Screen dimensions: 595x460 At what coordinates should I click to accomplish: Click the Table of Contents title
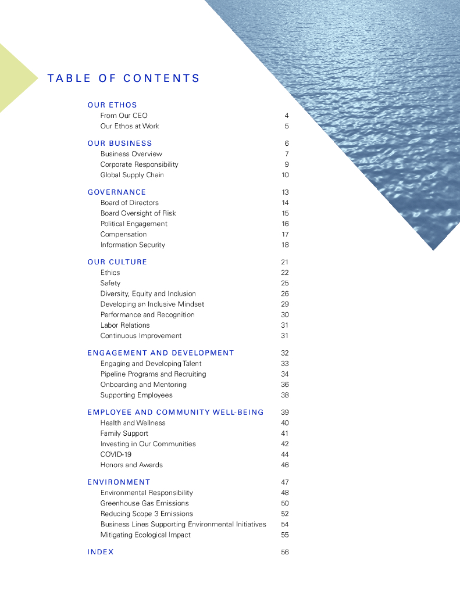tap(123, 78)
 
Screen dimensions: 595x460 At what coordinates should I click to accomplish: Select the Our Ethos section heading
tap(112, 105)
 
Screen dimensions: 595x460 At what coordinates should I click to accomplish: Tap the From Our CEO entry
tap(124, 116)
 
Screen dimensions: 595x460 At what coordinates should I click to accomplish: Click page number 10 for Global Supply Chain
tap(285, 175)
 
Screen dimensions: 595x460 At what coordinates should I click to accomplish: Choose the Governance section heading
tap(117, 192)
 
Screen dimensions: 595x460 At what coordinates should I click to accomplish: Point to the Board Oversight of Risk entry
tap(138, 213)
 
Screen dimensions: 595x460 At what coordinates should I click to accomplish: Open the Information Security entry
tap(133, 245)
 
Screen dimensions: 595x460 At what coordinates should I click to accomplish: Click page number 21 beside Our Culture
tap(285, 262)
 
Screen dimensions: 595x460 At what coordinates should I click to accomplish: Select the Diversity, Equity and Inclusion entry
tap(148, 293)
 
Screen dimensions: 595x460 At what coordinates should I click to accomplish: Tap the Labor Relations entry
tap(125, 325)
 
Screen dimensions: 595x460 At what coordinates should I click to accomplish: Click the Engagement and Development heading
tap(161, 353)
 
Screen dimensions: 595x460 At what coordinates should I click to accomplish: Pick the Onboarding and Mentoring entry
tap(144, 385)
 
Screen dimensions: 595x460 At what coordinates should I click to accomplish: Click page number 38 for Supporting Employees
tap(285, 395)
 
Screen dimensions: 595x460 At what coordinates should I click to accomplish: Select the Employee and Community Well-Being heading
tap(176, 413)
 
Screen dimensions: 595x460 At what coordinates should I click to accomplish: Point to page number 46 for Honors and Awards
tap(285, 465)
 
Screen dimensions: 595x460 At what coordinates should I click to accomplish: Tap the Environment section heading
tap(119, 482)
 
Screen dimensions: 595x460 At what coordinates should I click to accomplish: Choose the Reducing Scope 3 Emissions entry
tap(147, 514)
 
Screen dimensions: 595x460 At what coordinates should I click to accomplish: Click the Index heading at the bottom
tap(101, 552)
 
